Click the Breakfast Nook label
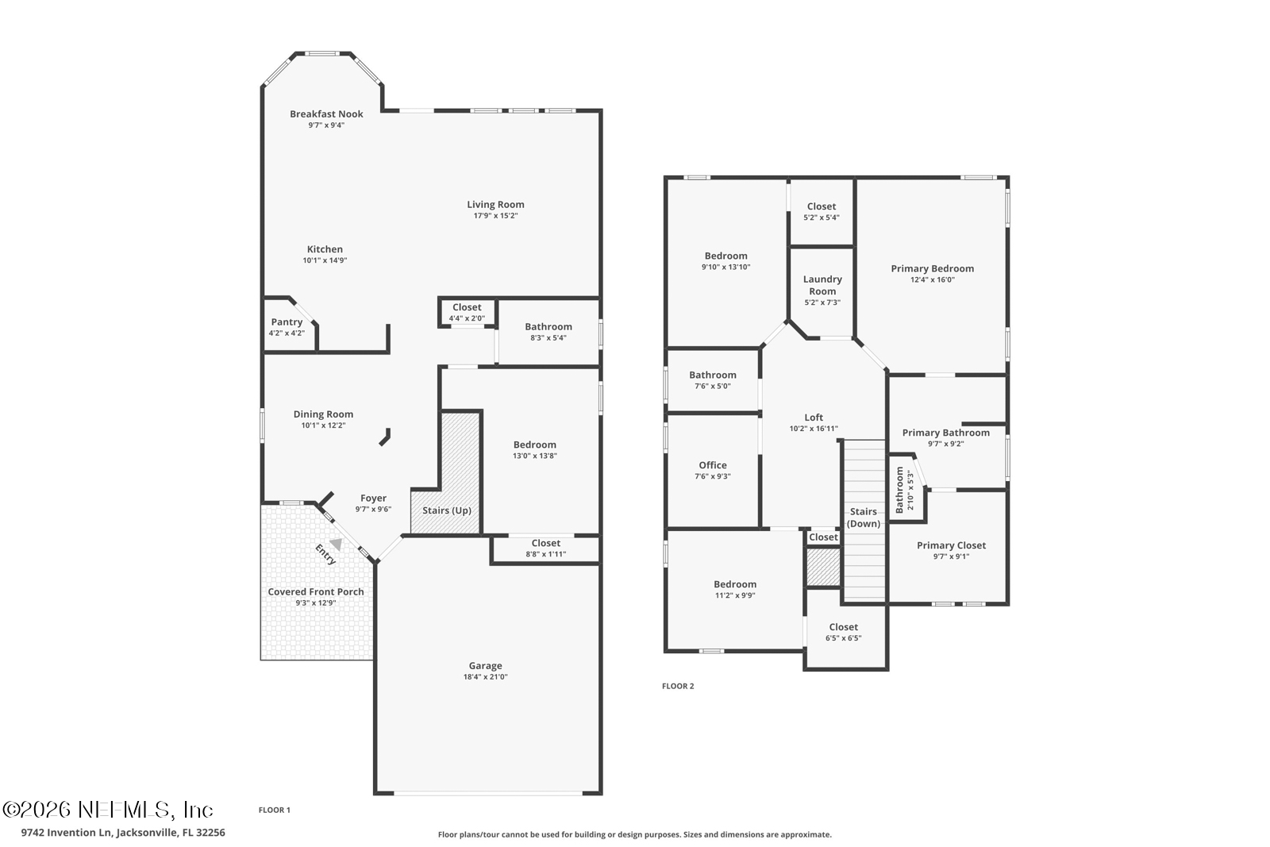(326, 114)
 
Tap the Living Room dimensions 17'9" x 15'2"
(495, 216)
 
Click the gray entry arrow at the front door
(337, 545)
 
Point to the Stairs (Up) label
(447, 510)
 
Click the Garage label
(485, 666)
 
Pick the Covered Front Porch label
(316, 591)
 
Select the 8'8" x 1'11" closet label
(546, 549)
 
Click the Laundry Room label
(822, 285)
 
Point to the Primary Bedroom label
(932, 268)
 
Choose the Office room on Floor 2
(713, 470)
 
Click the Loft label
(814, 418)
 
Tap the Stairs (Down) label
(864, 518)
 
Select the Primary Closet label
(951, 545)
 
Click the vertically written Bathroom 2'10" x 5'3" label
(905, 490)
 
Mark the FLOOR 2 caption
(678, 686)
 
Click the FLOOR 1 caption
(275, 810)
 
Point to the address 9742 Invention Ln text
(123, 833)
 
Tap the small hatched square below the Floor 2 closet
(823, 567)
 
